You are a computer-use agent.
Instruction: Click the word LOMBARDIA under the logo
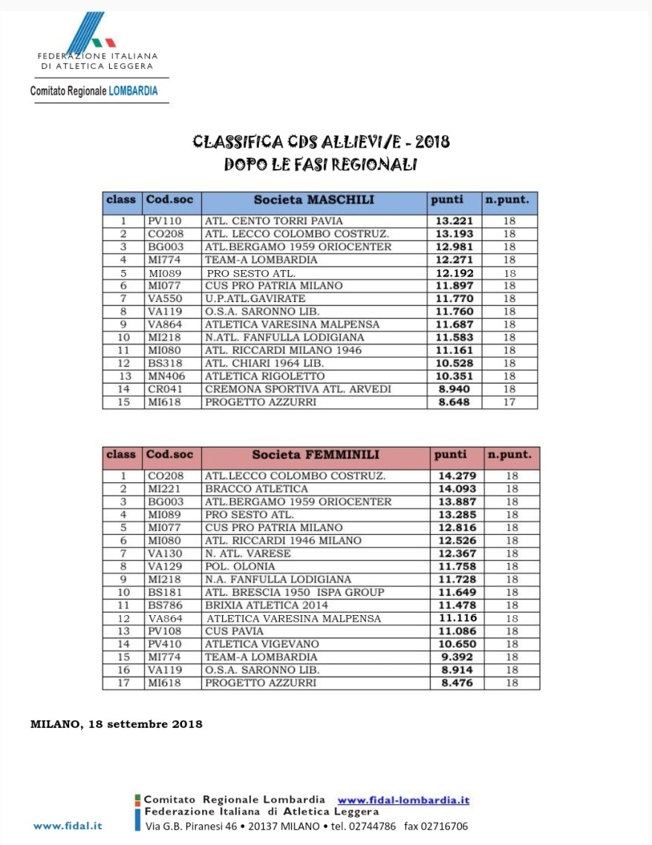click(x=133, y=91)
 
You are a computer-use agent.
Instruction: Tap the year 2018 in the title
click(x=432, y=141)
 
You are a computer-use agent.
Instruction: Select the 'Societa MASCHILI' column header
click(x=313, y=200)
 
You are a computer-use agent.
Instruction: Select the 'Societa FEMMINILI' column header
click(x=315, y=455)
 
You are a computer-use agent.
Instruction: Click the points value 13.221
click(x=454, y=221)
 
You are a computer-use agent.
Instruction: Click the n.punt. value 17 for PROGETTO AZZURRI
click(x=509, y=402)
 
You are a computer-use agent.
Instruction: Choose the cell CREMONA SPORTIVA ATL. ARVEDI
click(x=298, y=389)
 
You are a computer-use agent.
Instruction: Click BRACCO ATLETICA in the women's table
click(x=256, y=489)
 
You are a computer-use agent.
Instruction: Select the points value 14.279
click(x=457, y=476)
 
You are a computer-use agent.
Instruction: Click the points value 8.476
click(x=457, y=683)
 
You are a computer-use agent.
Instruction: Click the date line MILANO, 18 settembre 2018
click(x=116, y=724)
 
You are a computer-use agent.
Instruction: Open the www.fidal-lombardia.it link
click(x=403, y=800)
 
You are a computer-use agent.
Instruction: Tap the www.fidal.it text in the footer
click(x=68, y=826)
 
